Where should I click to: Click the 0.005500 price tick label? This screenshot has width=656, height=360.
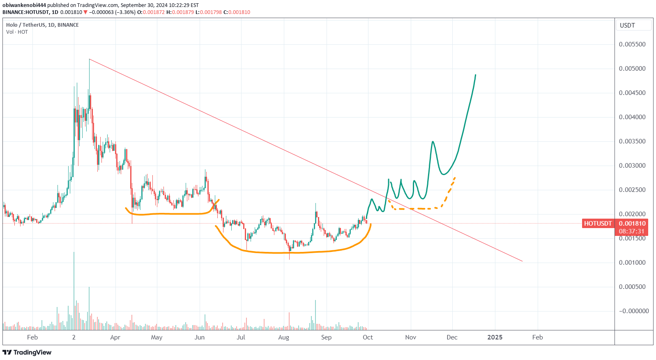pyautogui.click(x=632, y=44)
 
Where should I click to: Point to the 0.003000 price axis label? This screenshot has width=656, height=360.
pyautogui.click(x=632, y=166)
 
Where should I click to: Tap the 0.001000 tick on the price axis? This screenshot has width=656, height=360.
pyautogui.click(x=632, y=263)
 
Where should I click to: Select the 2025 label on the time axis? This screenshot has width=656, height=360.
pyautogui.click(x=495, y=337)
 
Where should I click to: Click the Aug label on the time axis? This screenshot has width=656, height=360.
pyautogui.click(x=283, y=337)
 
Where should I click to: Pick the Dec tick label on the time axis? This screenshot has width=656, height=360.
pyautogui.click(x=452, y=337)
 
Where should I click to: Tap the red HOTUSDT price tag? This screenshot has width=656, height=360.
pyautogui.click(x=598, y=224)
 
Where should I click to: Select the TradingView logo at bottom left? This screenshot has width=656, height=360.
pyautogui.click(x=27, y=352)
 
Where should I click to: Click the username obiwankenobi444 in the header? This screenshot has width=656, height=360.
pyautogui.click(x=24, y=5)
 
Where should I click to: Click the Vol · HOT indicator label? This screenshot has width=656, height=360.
pyautogui.click(x=17, y=32)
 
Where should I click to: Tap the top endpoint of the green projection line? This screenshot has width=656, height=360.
pyautogui.click(x=476, y=75)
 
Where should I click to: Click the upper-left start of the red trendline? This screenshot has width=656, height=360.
pyautogui.click(x=89, y=59)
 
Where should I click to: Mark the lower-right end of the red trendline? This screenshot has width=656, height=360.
pyautogui.click(x=522, y=261)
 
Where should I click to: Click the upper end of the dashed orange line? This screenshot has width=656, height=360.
pyautogui.click(x=455, y=177)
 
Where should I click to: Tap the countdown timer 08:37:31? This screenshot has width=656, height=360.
pyautogui.click(x=632, y=231)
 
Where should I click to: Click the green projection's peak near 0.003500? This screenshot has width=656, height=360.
pyautogui.click(x=433, y=142)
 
